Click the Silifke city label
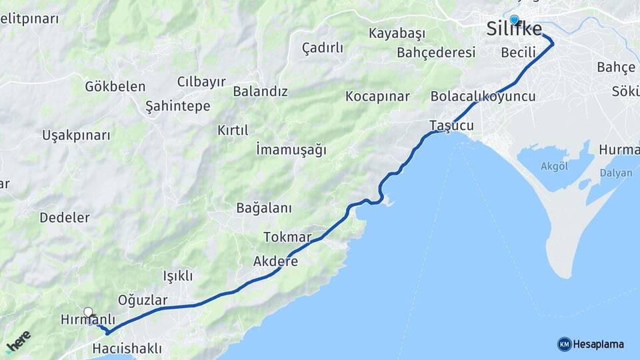[513, 29]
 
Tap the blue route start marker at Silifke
[514, 20]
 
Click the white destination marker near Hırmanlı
[88, 312]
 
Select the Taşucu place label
[451, 125]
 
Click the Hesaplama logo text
[598, 344]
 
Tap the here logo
[18, 341]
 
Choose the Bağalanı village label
[264, 208]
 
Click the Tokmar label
[287, 237]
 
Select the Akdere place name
[275, 261]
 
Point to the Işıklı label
[178, 275]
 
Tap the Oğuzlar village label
[143, 300]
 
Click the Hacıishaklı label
[127, 348]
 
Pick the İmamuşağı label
[291, 150]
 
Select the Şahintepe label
[178, 106]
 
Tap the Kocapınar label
[377, 97]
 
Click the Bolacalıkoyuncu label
[483, 97]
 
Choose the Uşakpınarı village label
[76, 135]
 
